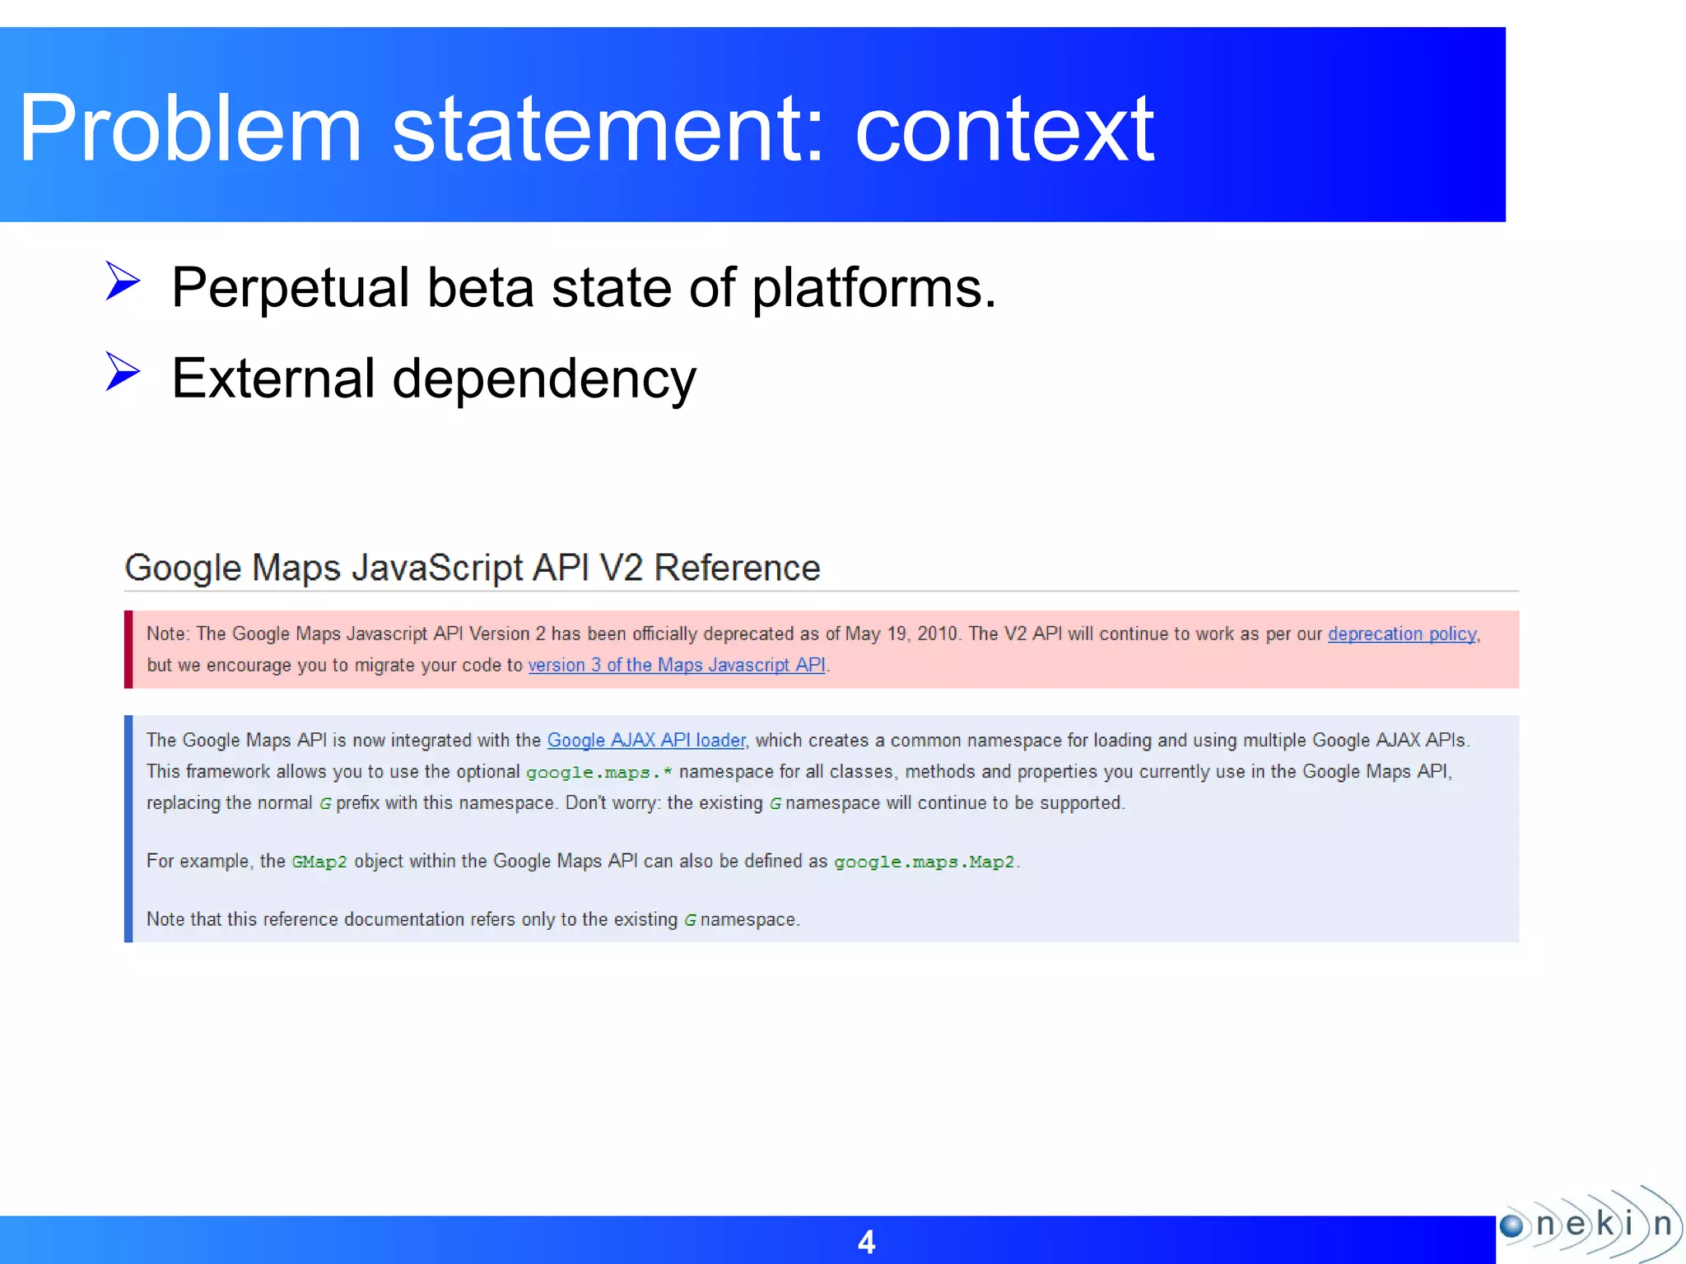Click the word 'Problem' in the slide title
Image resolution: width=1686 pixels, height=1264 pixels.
190,129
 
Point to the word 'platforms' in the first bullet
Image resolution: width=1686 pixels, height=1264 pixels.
873,289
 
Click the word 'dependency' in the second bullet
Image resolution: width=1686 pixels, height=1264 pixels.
544,379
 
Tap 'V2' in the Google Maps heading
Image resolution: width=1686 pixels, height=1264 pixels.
622,568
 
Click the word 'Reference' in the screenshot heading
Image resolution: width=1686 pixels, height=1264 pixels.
737,568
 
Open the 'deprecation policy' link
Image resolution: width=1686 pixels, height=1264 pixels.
1402,634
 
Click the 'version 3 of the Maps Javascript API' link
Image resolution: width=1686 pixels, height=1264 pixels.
677,665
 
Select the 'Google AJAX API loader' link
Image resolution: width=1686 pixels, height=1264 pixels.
646,740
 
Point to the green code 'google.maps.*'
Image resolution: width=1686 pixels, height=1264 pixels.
598,773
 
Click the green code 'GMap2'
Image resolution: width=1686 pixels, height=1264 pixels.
319,862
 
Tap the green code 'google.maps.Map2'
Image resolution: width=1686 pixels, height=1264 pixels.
924,862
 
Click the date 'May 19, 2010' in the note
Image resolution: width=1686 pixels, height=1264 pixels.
902,634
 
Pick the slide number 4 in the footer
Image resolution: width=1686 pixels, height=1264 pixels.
866,1242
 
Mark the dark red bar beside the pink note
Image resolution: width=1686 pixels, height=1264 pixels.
128,649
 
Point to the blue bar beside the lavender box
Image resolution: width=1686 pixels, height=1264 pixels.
128,829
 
